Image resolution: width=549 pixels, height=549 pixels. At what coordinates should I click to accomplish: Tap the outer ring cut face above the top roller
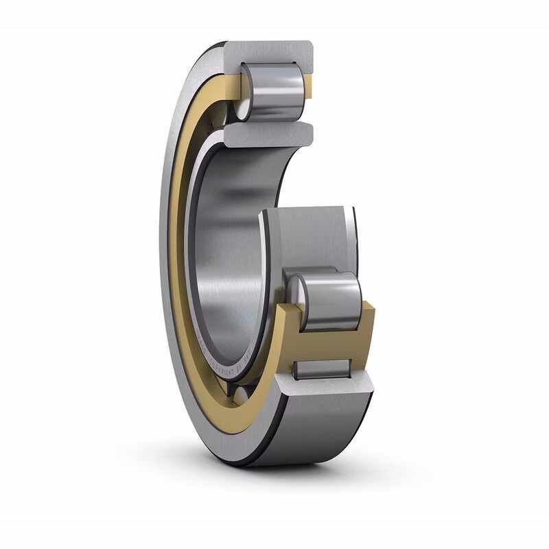coord(274,51)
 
